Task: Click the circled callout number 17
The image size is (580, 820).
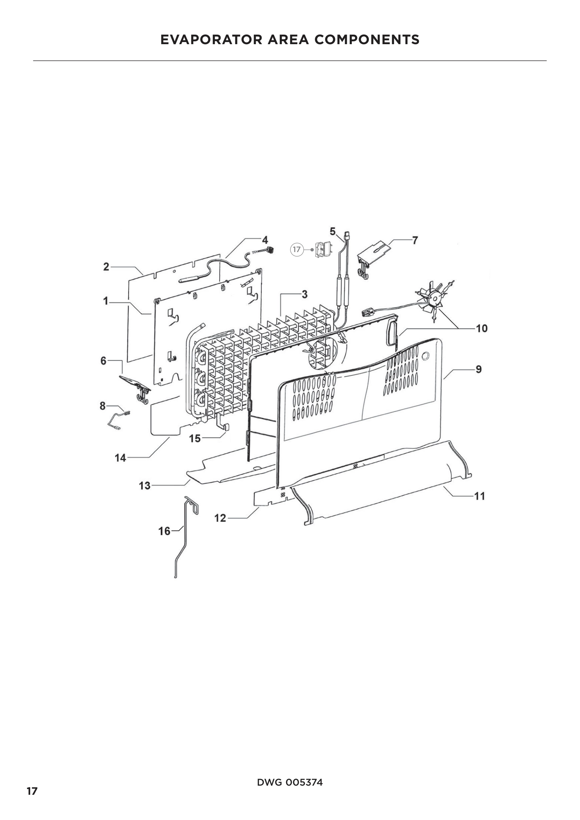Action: [x=296, y=249]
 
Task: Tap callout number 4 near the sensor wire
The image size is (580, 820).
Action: [x=265, y=240]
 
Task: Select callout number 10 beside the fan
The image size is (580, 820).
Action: [x=482, y=328]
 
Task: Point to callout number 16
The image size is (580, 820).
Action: [x=164, y=531]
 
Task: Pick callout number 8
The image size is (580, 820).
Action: [x=103, y=406]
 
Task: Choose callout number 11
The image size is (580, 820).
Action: [x=480, y=496]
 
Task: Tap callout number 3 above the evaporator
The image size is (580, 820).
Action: [x=305, y=294]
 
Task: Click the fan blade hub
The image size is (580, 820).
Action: [x=436, y=299]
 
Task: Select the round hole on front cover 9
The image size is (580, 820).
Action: [x=425, y=356]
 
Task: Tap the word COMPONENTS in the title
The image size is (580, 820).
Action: [x=367, y=39]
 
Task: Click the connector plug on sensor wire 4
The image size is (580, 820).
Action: [x=271, y=250]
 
